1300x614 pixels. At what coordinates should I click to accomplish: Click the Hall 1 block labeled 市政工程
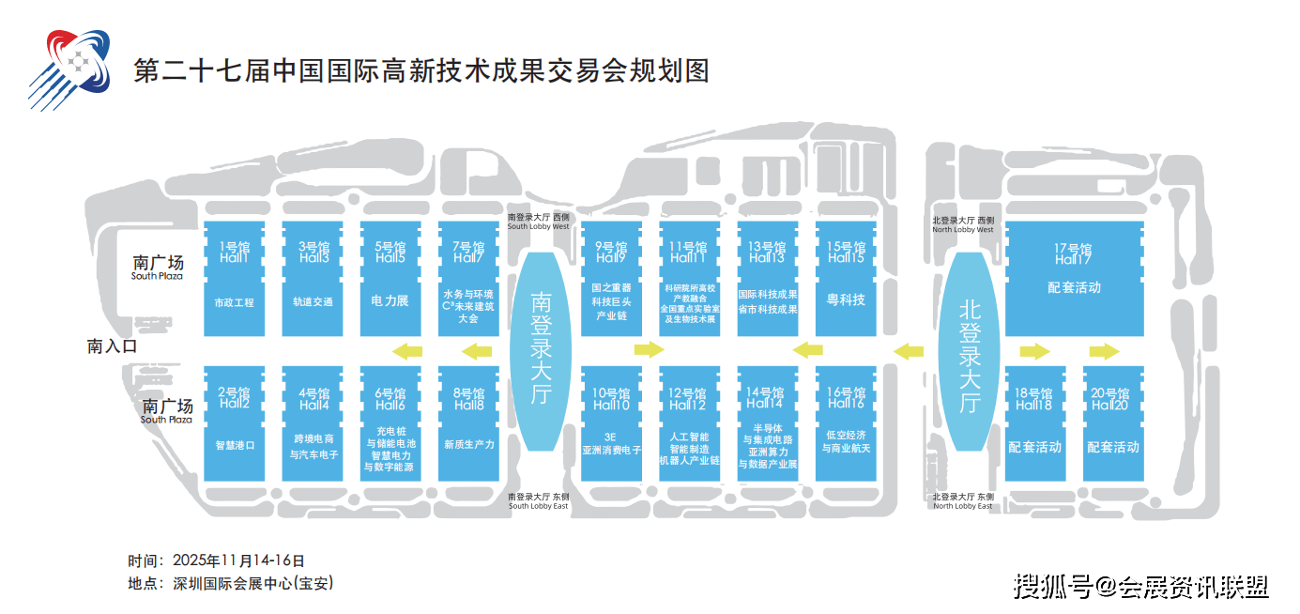(234, 279)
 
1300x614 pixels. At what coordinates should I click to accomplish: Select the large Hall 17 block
(1074, 279)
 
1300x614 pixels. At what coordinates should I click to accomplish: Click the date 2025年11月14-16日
(239, 560)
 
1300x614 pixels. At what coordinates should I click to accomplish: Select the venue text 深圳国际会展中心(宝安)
(253, 583)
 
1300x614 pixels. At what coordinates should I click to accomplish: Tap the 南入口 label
(113, 346)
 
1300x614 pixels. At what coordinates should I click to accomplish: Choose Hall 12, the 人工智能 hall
(689, 424)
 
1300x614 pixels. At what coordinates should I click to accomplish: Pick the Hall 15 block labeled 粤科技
(846, 279)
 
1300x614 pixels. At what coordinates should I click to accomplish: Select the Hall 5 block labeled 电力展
(390, 279)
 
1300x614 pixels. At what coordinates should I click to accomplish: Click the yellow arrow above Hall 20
(1104, 351)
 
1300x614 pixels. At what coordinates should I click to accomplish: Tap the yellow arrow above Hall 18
(1033, 351)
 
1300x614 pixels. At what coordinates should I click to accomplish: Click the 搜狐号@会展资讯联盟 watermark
(1140, 588)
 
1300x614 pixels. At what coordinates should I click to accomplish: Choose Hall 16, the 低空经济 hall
(846, 424)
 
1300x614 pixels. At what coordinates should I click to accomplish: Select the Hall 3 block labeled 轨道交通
(313, 279)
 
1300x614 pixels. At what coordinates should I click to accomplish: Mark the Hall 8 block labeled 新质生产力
(468, 424)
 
